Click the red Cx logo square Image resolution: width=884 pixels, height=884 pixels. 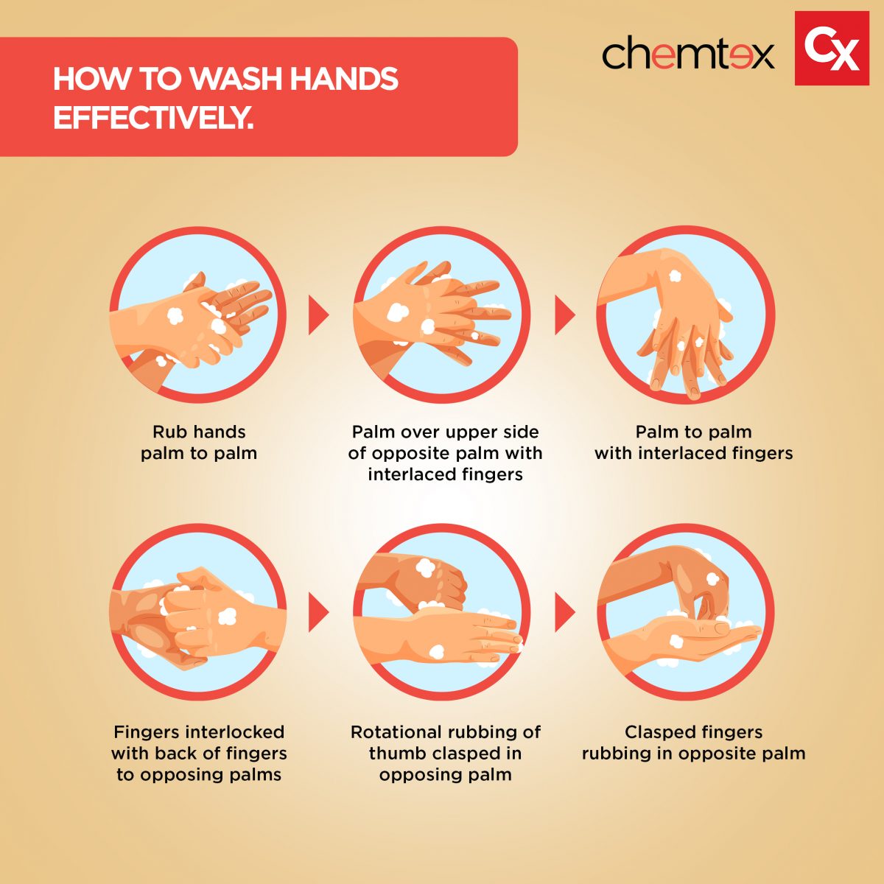(x=832, y=48)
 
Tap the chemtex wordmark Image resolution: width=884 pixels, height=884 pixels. (x=687, y=55)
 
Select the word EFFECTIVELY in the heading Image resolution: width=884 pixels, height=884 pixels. (x=153, y=119)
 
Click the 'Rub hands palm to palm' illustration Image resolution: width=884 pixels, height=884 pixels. (x=197, y=315)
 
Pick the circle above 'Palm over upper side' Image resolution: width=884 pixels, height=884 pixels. (x=442, y=315)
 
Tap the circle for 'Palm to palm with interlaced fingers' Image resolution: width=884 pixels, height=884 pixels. (x=686, y=315)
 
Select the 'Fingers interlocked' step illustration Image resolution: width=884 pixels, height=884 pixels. (x=197, y=612)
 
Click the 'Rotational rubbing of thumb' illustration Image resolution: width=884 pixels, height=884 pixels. (x=442, y=612)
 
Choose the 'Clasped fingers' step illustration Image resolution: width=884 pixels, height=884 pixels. (x=686, y=612)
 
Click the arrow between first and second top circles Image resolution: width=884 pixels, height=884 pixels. (x=318, y=315)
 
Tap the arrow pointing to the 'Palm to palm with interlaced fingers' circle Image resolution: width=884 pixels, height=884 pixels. (x=565, y=315)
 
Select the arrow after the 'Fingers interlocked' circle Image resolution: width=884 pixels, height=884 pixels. (x=318, y=612)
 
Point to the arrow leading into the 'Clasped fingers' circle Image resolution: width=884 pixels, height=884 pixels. (x=565, y=612)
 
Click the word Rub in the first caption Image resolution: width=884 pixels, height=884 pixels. (x=167, y=432)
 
